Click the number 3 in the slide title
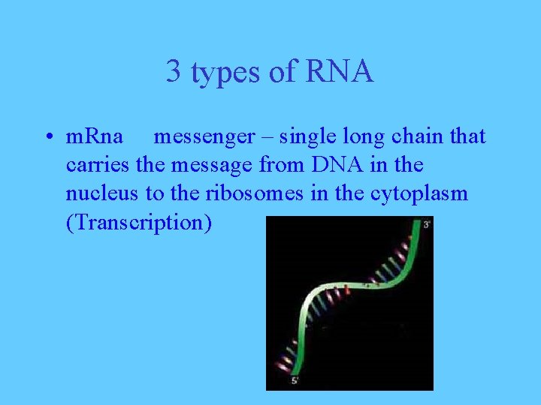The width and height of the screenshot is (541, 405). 174,72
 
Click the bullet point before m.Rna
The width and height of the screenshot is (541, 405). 47,137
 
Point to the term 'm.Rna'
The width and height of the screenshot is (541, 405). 95,136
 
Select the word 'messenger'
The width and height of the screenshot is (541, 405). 204,137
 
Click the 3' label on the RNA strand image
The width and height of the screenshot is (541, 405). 426,224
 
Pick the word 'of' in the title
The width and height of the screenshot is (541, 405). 279,72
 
